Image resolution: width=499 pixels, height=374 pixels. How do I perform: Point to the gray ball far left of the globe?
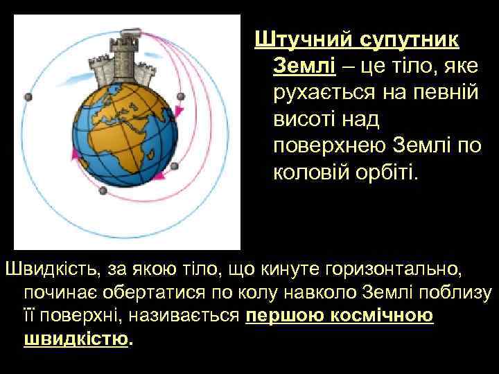click(x=28, y=97)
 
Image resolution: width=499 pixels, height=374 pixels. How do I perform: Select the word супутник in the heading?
click(x=408, y=39)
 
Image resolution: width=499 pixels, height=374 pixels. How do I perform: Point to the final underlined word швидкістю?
click(x=76, y=340)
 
